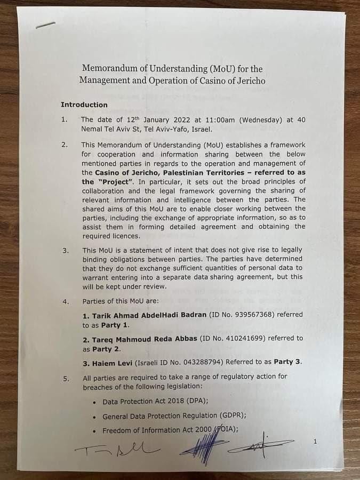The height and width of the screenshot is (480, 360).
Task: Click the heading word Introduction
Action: (x=84, y=105)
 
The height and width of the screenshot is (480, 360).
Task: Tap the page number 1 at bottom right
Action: (x=315, y=442)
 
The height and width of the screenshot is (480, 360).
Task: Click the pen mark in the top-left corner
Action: (x=45, y=25)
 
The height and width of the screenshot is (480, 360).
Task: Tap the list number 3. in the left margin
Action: (x=65, y=251)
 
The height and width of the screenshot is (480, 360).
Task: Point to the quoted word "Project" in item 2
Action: (x=114, y=181)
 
